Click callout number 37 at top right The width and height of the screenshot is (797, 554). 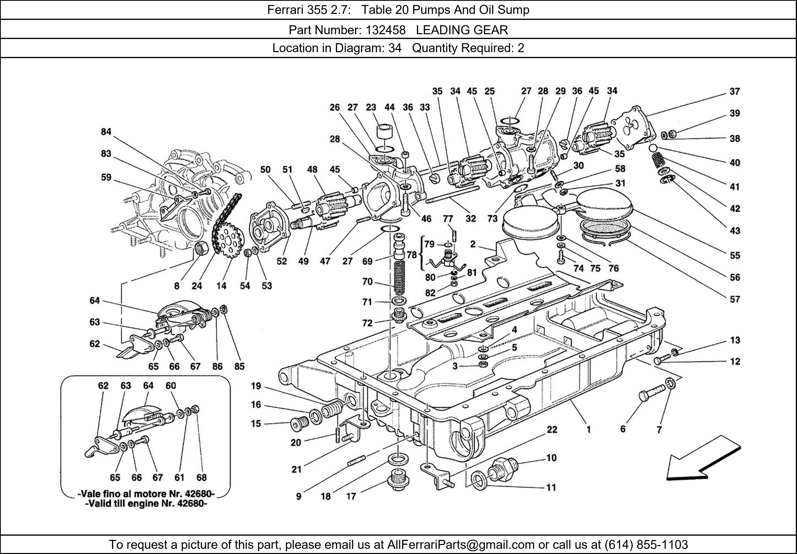click(x=734, y=92)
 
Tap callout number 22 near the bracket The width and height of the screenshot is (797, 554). click(x=552, y=430)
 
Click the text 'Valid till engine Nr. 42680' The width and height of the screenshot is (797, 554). click(x=146, y=504)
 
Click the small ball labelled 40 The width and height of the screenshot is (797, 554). click(x=654, y=148)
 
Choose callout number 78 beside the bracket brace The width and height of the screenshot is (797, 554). click(x=412, y=255)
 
